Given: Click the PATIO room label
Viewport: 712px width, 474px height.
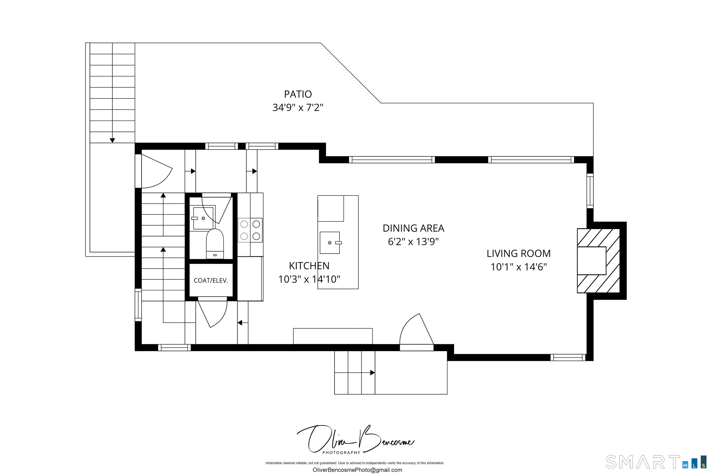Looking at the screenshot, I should point(298,94).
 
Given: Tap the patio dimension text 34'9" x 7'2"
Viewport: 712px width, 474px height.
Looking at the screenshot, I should point(298,108).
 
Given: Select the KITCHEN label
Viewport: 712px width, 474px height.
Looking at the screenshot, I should point(309,266).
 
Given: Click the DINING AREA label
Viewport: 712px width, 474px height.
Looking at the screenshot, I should point(413,228).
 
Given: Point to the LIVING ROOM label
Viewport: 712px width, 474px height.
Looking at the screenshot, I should point(518,253).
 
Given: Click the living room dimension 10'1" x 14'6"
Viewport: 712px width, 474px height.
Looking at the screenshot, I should point(518,267).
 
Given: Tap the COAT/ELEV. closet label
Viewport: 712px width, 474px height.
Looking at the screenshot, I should point(211,281).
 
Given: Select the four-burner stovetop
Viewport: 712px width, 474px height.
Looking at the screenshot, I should point(250,230).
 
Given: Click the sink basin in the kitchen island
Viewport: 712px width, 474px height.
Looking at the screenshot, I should point(329,243).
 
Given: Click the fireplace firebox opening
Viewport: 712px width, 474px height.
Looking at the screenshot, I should point(591,261).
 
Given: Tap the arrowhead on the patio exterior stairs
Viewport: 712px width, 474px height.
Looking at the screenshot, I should point(112,140).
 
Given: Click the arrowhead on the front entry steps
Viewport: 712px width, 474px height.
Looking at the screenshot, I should point(372,373).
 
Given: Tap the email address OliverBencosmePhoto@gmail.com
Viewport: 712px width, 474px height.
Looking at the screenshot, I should point(357,470).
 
